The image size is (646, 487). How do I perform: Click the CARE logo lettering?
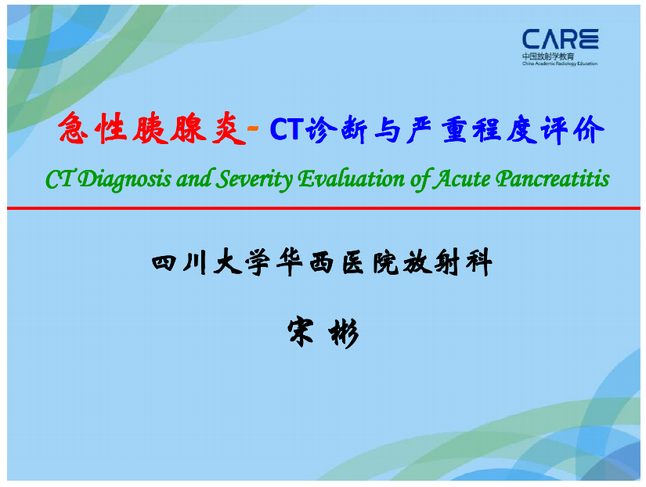tap(561, 39)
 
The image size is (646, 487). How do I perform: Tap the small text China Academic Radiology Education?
tap(560, 63)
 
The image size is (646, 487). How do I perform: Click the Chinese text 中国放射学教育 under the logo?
tap(548, 56)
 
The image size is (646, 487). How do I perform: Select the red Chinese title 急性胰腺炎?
tap(152, 128)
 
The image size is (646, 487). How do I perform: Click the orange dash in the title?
tap(253, 129)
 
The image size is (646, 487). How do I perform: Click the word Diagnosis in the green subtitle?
tap(125, 179)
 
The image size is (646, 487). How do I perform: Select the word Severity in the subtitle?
tap(254, 179)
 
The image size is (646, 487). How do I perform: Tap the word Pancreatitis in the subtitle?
tap(553, 179)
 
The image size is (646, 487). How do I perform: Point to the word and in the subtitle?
tap(193, 179)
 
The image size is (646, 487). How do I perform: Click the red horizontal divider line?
tap(323, 208)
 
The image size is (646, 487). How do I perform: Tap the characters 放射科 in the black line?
tap(447, 262)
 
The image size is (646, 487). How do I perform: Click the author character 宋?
tap(301, 332)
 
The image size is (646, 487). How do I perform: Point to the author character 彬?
tap(344, 333)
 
